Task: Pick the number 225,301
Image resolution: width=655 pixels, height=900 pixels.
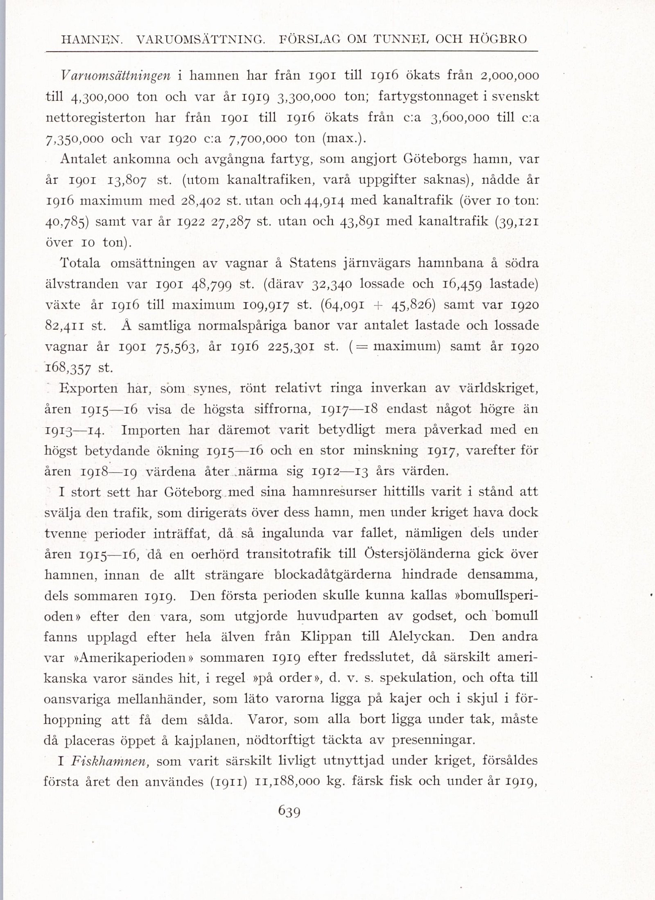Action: pos(291,347)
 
